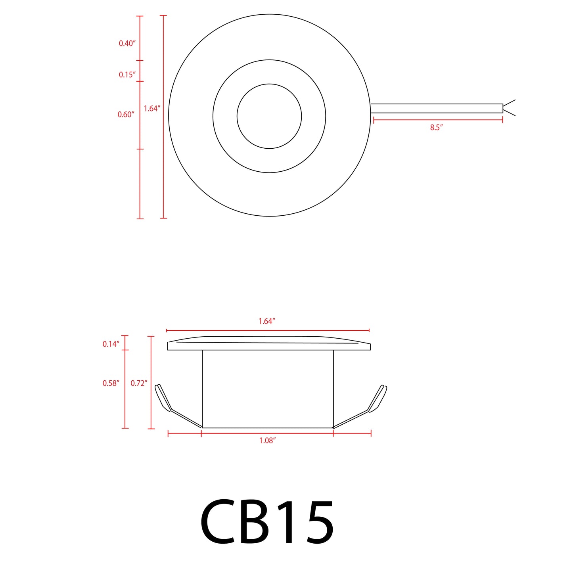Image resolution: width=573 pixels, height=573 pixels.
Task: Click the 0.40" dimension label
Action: coord(127,44)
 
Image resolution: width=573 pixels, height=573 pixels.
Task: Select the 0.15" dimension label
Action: coord(127,75)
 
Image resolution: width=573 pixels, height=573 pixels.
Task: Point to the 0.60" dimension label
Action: coord(126,115)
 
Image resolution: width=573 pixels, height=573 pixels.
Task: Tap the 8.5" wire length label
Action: coord(436,128)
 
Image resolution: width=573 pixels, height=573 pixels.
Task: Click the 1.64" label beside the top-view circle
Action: coord(152,109)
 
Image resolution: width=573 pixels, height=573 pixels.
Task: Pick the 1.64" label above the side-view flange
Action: coord(267,322)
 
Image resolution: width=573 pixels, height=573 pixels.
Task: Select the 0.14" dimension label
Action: coord(111,344)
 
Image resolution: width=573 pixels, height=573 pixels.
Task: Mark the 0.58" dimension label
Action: coord(111,383)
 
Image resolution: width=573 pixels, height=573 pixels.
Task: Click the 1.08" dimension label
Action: coord(267,441)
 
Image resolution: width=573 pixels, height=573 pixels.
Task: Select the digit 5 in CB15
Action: coord(317,523)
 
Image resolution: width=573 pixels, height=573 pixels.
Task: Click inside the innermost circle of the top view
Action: coord(269,116)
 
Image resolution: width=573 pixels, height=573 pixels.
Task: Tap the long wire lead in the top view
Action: coord(436,108)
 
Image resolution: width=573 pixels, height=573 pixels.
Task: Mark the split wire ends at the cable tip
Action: coord(509,108)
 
